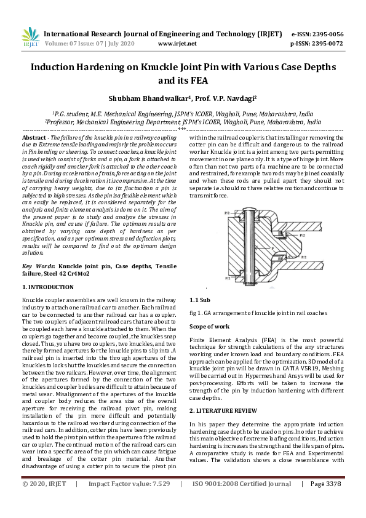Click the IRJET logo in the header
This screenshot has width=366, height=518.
(x=31, y=38)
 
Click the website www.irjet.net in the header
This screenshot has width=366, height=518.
(x=177, y=44)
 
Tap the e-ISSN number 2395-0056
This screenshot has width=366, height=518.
(x=325, y=34)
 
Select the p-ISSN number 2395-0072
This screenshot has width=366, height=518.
(x=325, y=44)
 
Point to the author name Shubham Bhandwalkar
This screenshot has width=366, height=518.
(x=145, y=97)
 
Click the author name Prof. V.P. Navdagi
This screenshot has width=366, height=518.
(x=229, y=97)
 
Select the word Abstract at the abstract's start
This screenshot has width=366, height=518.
(x=34, y=137)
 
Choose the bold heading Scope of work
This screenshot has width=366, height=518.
(x=209, y=326)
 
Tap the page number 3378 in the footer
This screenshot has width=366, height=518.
(x=334, y=501)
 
